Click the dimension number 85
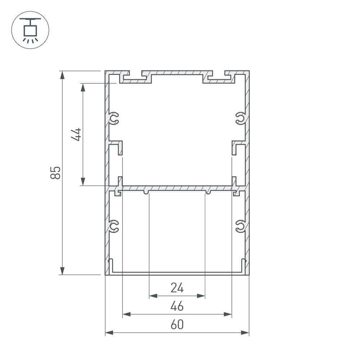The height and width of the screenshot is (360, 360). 55,172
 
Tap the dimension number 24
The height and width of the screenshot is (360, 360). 177,288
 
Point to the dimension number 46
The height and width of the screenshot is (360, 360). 177,306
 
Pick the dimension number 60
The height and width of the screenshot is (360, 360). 177,325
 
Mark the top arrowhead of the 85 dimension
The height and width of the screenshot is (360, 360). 63,75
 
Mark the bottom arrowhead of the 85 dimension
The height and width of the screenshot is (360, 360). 63,270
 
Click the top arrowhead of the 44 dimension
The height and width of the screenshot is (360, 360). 83,87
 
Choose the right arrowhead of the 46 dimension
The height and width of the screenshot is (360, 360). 228,314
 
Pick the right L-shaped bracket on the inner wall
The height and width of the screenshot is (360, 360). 238,148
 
